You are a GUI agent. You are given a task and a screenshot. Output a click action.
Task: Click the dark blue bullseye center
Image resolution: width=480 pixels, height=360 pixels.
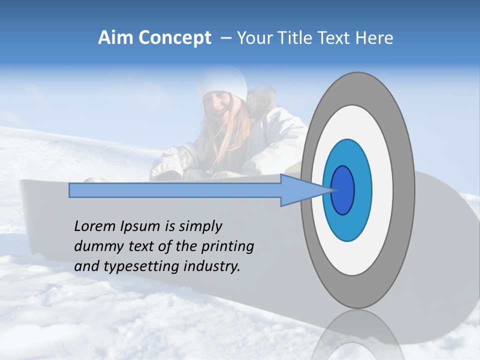coord(342,190)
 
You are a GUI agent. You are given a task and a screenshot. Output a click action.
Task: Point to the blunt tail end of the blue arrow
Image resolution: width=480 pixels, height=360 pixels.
coord(72,190)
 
